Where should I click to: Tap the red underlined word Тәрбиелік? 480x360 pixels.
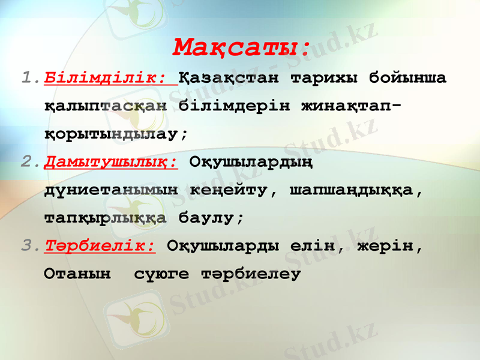point(100,246)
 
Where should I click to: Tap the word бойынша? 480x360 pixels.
point(407,78)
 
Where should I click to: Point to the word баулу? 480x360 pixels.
point(211,218)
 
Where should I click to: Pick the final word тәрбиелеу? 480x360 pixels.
point(250,274)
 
